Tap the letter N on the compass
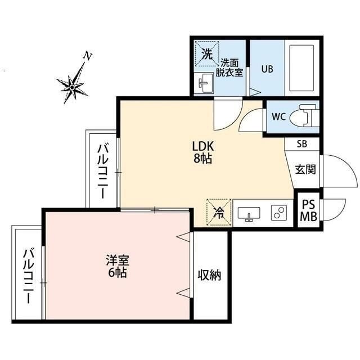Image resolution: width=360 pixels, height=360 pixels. [x=87, y=56]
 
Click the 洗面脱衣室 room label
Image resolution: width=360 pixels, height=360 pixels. [x=232, y=67]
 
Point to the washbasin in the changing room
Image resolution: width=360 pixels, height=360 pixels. [x=206, y=84]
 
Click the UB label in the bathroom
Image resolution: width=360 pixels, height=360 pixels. [x=267, y=70]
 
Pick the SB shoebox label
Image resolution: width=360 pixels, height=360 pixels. [x=302, y=144]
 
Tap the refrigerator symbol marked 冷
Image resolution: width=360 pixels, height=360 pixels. [x=219, y=213]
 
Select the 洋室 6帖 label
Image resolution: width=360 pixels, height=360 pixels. [x=118, y=267]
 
